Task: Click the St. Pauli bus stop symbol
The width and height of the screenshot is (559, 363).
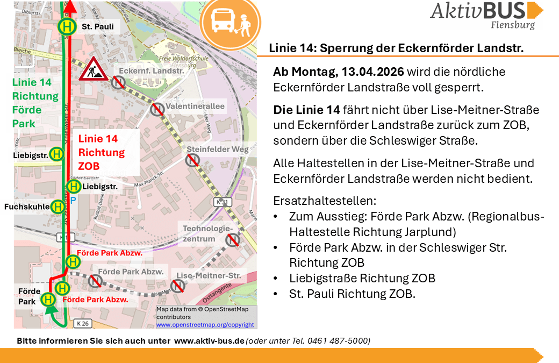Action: click(67, 26)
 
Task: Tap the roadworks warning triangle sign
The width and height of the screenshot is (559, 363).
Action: click(94, 69)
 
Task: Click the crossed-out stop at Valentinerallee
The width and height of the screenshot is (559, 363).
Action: click(157, 109)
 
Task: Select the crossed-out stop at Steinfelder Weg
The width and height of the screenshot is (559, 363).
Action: click(192, 160)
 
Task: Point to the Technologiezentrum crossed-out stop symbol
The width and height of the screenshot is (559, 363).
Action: click(232, 239)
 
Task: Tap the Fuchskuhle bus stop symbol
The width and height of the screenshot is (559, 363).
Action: click(58, 207)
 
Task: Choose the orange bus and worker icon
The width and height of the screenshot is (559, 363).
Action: click(230, 22)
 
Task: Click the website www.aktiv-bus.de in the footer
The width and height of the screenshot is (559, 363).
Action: click(209, 341)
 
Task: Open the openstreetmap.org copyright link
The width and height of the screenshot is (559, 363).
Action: click(205, 325)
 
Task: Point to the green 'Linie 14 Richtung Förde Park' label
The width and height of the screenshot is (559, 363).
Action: click(35, 103)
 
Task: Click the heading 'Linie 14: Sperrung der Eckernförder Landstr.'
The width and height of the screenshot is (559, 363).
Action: click(396, 48)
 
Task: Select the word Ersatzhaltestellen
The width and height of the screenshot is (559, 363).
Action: click(325, 201)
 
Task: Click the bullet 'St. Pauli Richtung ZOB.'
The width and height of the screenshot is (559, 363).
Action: click(352, 294)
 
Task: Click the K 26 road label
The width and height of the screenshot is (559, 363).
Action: click(82, 323)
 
